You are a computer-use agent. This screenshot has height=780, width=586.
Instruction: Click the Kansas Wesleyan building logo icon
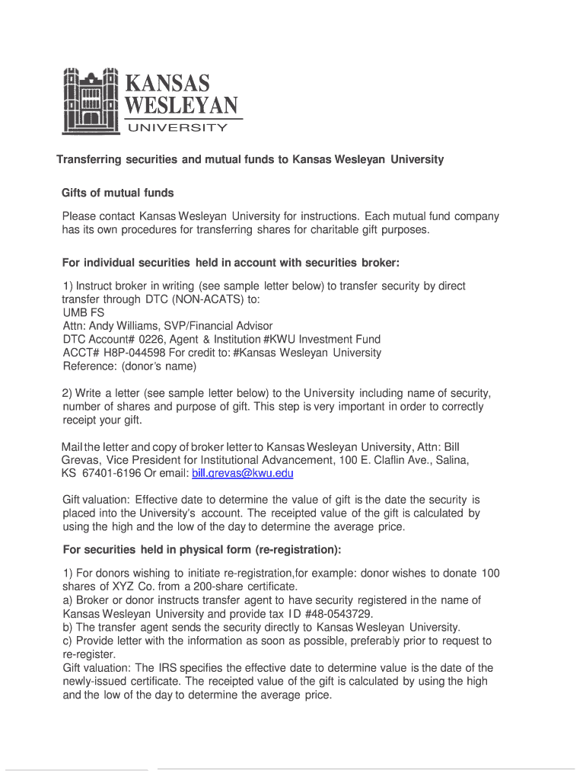tap(91, 101)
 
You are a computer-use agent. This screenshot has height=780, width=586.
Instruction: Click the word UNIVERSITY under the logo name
tap(176, 128)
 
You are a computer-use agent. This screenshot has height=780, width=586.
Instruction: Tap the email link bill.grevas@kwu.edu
tap(242, 473)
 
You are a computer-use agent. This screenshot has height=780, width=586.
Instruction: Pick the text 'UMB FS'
tap(84, 312)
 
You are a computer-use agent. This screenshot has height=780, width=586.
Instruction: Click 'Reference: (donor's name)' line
tap(129, 366)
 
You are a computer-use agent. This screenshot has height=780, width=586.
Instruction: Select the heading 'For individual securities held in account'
tap(230, 263)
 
